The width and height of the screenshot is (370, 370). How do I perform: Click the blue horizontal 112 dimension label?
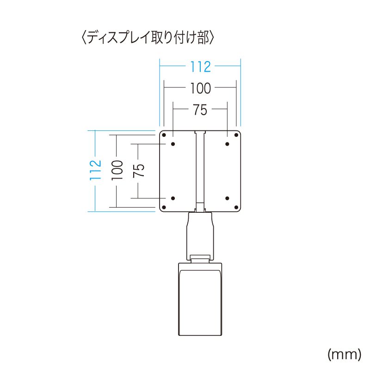pos(200,67)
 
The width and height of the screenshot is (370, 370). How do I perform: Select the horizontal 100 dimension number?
pos(200,87)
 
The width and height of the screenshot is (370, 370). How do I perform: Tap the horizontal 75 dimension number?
pos(200,110)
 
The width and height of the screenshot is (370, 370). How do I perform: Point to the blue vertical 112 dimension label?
pos(95,170)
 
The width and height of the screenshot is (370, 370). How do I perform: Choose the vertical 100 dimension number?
pos(117,170)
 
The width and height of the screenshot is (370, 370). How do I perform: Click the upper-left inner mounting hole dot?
pos(173,144)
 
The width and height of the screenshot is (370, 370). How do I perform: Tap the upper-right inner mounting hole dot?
pos(228,144)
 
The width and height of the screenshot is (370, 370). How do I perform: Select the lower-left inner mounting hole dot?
pos(173,198)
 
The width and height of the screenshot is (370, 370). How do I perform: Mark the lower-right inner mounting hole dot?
pos(228,198)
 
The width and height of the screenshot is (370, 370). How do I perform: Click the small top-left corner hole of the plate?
pos(164,135)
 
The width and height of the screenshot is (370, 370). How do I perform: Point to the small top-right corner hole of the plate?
pos(236,135)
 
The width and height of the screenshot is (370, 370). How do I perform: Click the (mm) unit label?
pos(344,354)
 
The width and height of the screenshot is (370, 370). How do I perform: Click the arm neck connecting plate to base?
pos(200,234)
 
